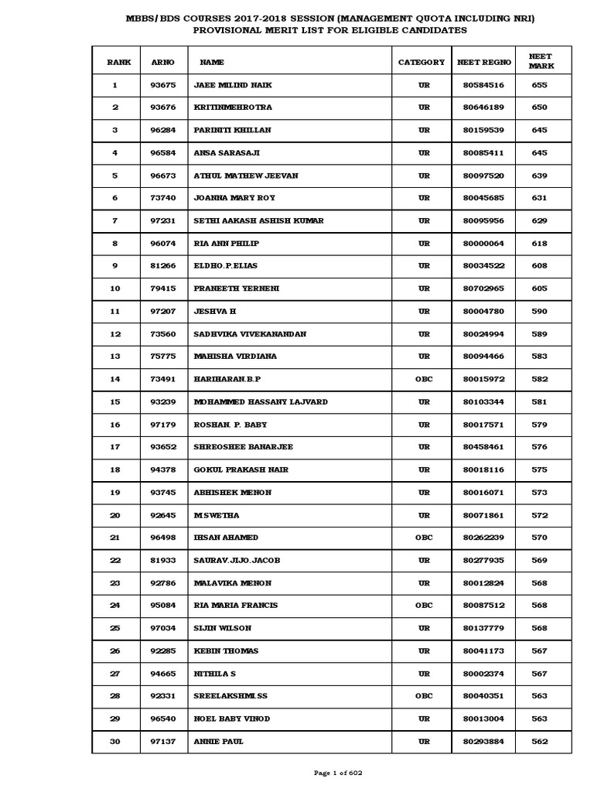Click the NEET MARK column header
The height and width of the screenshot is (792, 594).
pos(540,61)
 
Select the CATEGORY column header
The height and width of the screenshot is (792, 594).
pos(422,62)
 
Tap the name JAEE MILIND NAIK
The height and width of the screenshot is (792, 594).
pos(233,85)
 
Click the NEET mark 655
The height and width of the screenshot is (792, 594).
pos(540,85)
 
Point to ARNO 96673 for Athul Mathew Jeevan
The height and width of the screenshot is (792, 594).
pos(163,176)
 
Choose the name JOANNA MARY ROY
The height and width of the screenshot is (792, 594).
pos(235,198)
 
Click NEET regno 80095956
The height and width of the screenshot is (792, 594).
pos(483,220)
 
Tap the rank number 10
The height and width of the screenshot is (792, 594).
pos(115,288)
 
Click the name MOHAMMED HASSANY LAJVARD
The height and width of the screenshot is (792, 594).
pos(261,401)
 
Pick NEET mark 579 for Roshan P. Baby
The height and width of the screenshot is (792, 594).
pos(540,425)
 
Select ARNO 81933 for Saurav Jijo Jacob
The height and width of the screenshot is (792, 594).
pos(163,560)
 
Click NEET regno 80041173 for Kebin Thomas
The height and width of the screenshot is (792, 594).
pos(483,650)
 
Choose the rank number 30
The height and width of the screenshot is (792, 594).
pos(115,742)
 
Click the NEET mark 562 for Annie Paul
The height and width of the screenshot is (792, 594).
pos(540,742)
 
